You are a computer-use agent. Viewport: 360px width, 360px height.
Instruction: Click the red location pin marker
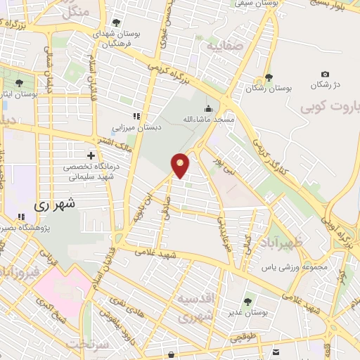point(180,165)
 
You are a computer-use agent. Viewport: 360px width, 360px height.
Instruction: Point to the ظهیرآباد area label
point(290,244)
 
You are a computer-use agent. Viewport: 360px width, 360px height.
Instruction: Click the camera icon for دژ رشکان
point(325,74)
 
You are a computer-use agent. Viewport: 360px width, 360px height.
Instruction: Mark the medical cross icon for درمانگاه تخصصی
point(90,155)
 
